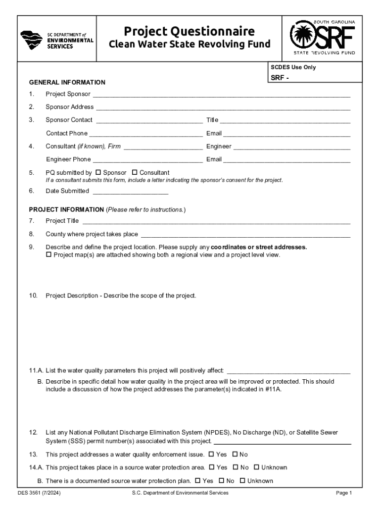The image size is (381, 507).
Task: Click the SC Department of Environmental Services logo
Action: coord(56,40)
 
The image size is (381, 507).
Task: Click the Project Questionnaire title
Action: coord(189,32)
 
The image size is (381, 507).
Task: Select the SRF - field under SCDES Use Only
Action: coord(315,78)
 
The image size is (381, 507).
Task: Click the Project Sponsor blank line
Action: coord(221,95)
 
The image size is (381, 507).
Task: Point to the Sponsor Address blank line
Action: coord(223,107)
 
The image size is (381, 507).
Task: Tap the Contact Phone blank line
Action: coord(146,134)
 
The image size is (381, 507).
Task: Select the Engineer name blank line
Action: coord(292,147)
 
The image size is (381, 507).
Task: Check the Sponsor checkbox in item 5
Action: coord(98,172)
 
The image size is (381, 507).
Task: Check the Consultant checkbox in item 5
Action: coord(135,172)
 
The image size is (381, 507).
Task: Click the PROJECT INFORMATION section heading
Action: coord(66,210)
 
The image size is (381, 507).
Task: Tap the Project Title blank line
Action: coord(216,221)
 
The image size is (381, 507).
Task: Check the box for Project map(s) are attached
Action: coord(48,255)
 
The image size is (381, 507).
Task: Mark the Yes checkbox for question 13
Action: coord(211,454)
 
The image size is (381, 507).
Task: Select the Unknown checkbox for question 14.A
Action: coord(256,467)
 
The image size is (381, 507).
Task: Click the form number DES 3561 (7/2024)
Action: coord(39,493)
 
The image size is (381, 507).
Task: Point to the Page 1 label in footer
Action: coord(343,493)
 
